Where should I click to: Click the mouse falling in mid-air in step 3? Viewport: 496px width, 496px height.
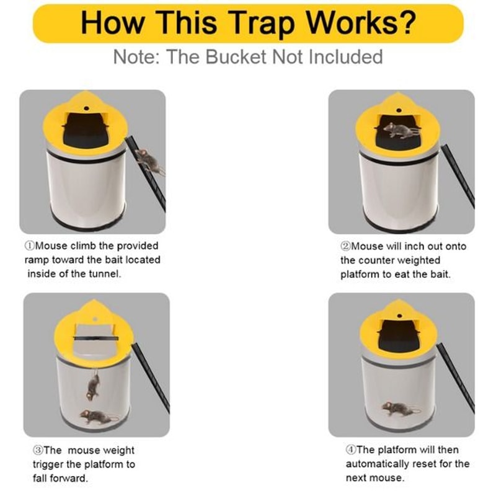93,386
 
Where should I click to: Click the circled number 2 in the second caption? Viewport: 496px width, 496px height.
345,246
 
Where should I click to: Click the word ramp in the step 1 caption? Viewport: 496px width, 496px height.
38,260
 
